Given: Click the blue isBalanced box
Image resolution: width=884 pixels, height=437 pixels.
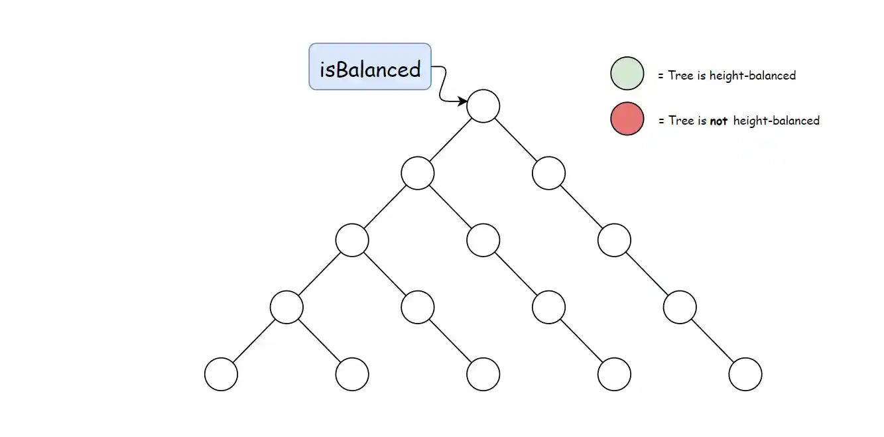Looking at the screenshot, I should [x=369, y=66].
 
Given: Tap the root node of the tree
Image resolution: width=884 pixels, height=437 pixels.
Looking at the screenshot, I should [x=483, y=106].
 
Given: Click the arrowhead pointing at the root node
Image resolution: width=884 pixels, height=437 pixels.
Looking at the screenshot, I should [x=462, y=101].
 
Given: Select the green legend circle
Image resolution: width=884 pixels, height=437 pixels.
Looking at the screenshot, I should [x=627, y=73].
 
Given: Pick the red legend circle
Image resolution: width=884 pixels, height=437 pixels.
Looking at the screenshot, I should [x=627, y=119].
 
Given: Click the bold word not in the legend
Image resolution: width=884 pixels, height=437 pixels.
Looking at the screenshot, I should [x=719, y=121].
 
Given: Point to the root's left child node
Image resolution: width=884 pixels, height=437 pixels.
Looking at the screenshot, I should [x=418, y=173].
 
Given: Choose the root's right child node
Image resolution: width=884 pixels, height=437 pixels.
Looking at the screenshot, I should [x=548, y=173].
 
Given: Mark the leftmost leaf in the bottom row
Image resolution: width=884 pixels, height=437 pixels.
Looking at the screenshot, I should [x=221, y=375].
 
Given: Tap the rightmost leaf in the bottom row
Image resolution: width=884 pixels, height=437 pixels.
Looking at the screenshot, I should [x=745, y=375].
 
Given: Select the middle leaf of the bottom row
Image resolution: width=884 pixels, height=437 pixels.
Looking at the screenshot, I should [x=483, y=375].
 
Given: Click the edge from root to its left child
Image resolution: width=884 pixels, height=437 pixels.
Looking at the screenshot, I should [x=450, y=140].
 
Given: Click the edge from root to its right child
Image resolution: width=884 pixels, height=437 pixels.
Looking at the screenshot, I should [x=515, y=140].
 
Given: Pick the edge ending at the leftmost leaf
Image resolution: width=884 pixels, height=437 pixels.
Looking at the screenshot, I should [x=254, y=341].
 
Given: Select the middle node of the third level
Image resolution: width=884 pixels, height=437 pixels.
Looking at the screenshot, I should [x=483, y=241].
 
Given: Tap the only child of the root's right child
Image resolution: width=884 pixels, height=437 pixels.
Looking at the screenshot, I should [x=613, y=241].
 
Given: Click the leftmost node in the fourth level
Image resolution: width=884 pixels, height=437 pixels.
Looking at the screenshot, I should [x=286, y=308].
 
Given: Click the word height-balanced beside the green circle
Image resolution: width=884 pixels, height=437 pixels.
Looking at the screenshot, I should [x=752, y=76].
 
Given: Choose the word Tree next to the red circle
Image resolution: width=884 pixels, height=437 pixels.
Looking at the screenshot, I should [x=681, y=121].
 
